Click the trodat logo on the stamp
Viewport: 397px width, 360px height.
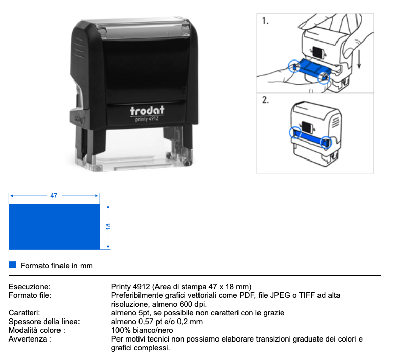pos(147,111)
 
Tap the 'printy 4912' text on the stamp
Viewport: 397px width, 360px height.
pos(147,120)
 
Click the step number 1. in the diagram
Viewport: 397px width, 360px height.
pos(266,22)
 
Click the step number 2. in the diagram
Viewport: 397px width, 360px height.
pos(266,101)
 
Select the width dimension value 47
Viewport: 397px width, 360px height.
pos(54,196)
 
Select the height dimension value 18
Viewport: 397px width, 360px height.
pos(108,226)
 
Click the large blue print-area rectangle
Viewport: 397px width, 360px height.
pos(54,226)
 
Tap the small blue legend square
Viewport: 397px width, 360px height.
pos(13,265)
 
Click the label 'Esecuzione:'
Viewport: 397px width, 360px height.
pos(30,286)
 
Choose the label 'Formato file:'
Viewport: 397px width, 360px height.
pos(31,295)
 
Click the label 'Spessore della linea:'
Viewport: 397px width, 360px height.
pos(45,322)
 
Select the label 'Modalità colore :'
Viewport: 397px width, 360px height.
pos(37,330)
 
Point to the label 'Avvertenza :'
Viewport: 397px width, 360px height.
pos(30,339)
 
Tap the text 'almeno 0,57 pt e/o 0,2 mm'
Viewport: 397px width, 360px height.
pos(157,322)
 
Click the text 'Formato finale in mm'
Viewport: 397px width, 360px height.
pos(56,266)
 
